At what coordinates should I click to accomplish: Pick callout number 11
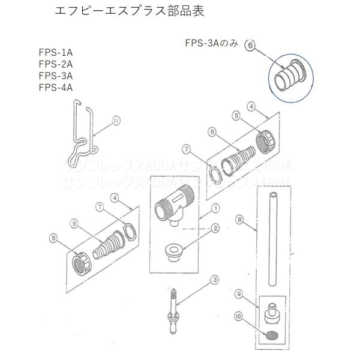point(116,121)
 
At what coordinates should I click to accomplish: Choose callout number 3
point(215,279)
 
